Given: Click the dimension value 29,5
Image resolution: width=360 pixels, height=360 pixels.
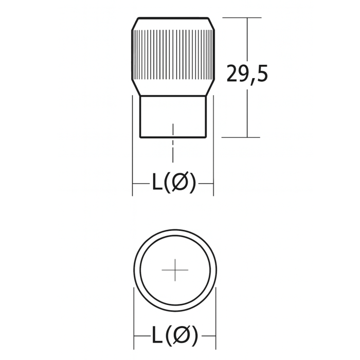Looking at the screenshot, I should [247, 75].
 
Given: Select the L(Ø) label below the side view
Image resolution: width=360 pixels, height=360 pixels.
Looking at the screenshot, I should [173, 183].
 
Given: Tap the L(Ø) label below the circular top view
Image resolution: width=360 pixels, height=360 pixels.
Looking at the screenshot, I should [174, 336].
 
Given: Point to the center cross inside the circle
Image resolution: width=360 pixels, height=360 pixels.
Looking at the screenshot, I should [175, 270].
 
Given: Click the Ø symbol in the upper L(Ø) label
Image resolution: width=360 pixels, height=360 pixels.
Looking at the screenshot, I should [179, 183].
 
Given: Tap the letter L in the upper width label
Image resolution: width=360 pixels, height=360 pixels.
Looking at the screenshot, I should [157, 183].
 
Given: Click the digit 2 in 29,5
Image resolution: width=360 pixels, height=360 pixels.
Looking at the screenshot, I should [233, 75].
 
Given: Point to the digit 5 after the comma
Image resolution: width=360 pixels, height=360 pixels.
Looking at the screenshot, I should [261, 75].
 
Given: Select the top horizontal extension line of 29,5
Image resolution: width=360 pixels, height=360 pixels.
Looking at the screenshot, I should [241, 18].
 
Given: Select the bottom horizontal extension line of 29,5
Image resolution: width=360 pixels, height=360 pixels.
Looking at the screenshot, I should [241, 137].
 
